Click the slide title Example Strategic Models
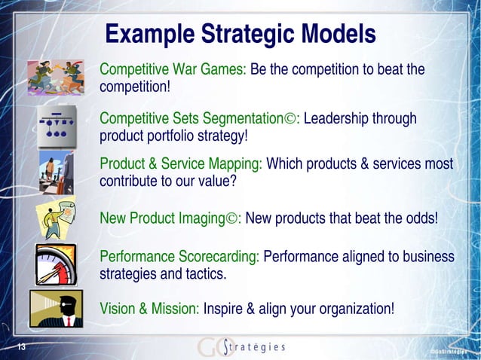pyautogui.click(x=240, y=34)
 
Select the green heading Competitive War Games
pyautogui.click(x=173, y=70)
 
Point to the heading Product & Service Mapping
pyautogui.click(x=181, y=163)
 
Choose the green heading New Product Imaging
pyautogui.click(x=169, y=219)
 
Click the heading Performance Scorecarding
pyautogui.click(x=179, y=257)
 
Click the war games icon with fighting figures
pyautogui.click(x=55, y=77)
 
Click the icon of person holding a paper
pyautogui.click(x=57, y=218)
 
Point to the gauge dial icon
pyautogui.click(x=56, y=264)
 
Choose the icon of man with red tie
pyautogui.click(x=56, y=309)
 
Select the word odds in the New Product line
pyautogui.click(x=418, y=219)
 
